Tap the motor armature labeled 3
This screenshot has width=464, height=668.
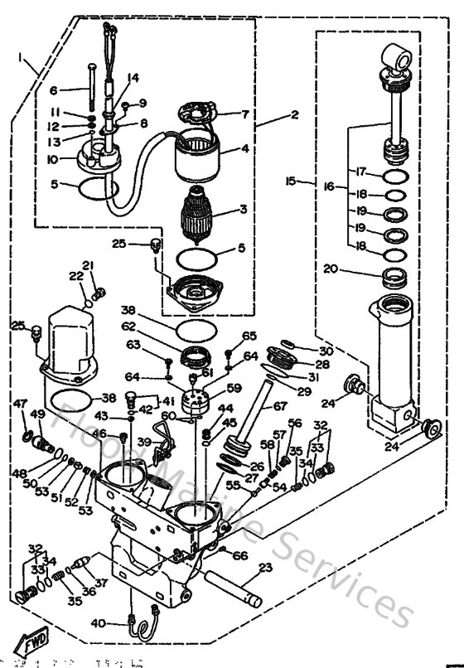[x=202, y=216]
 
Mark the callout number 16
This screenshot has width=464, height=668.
[x=330, y=187]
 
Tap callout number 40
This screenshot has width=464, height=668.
[x=121, y=623]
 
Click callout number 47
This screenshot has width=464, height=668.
[x=21, y=403]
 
